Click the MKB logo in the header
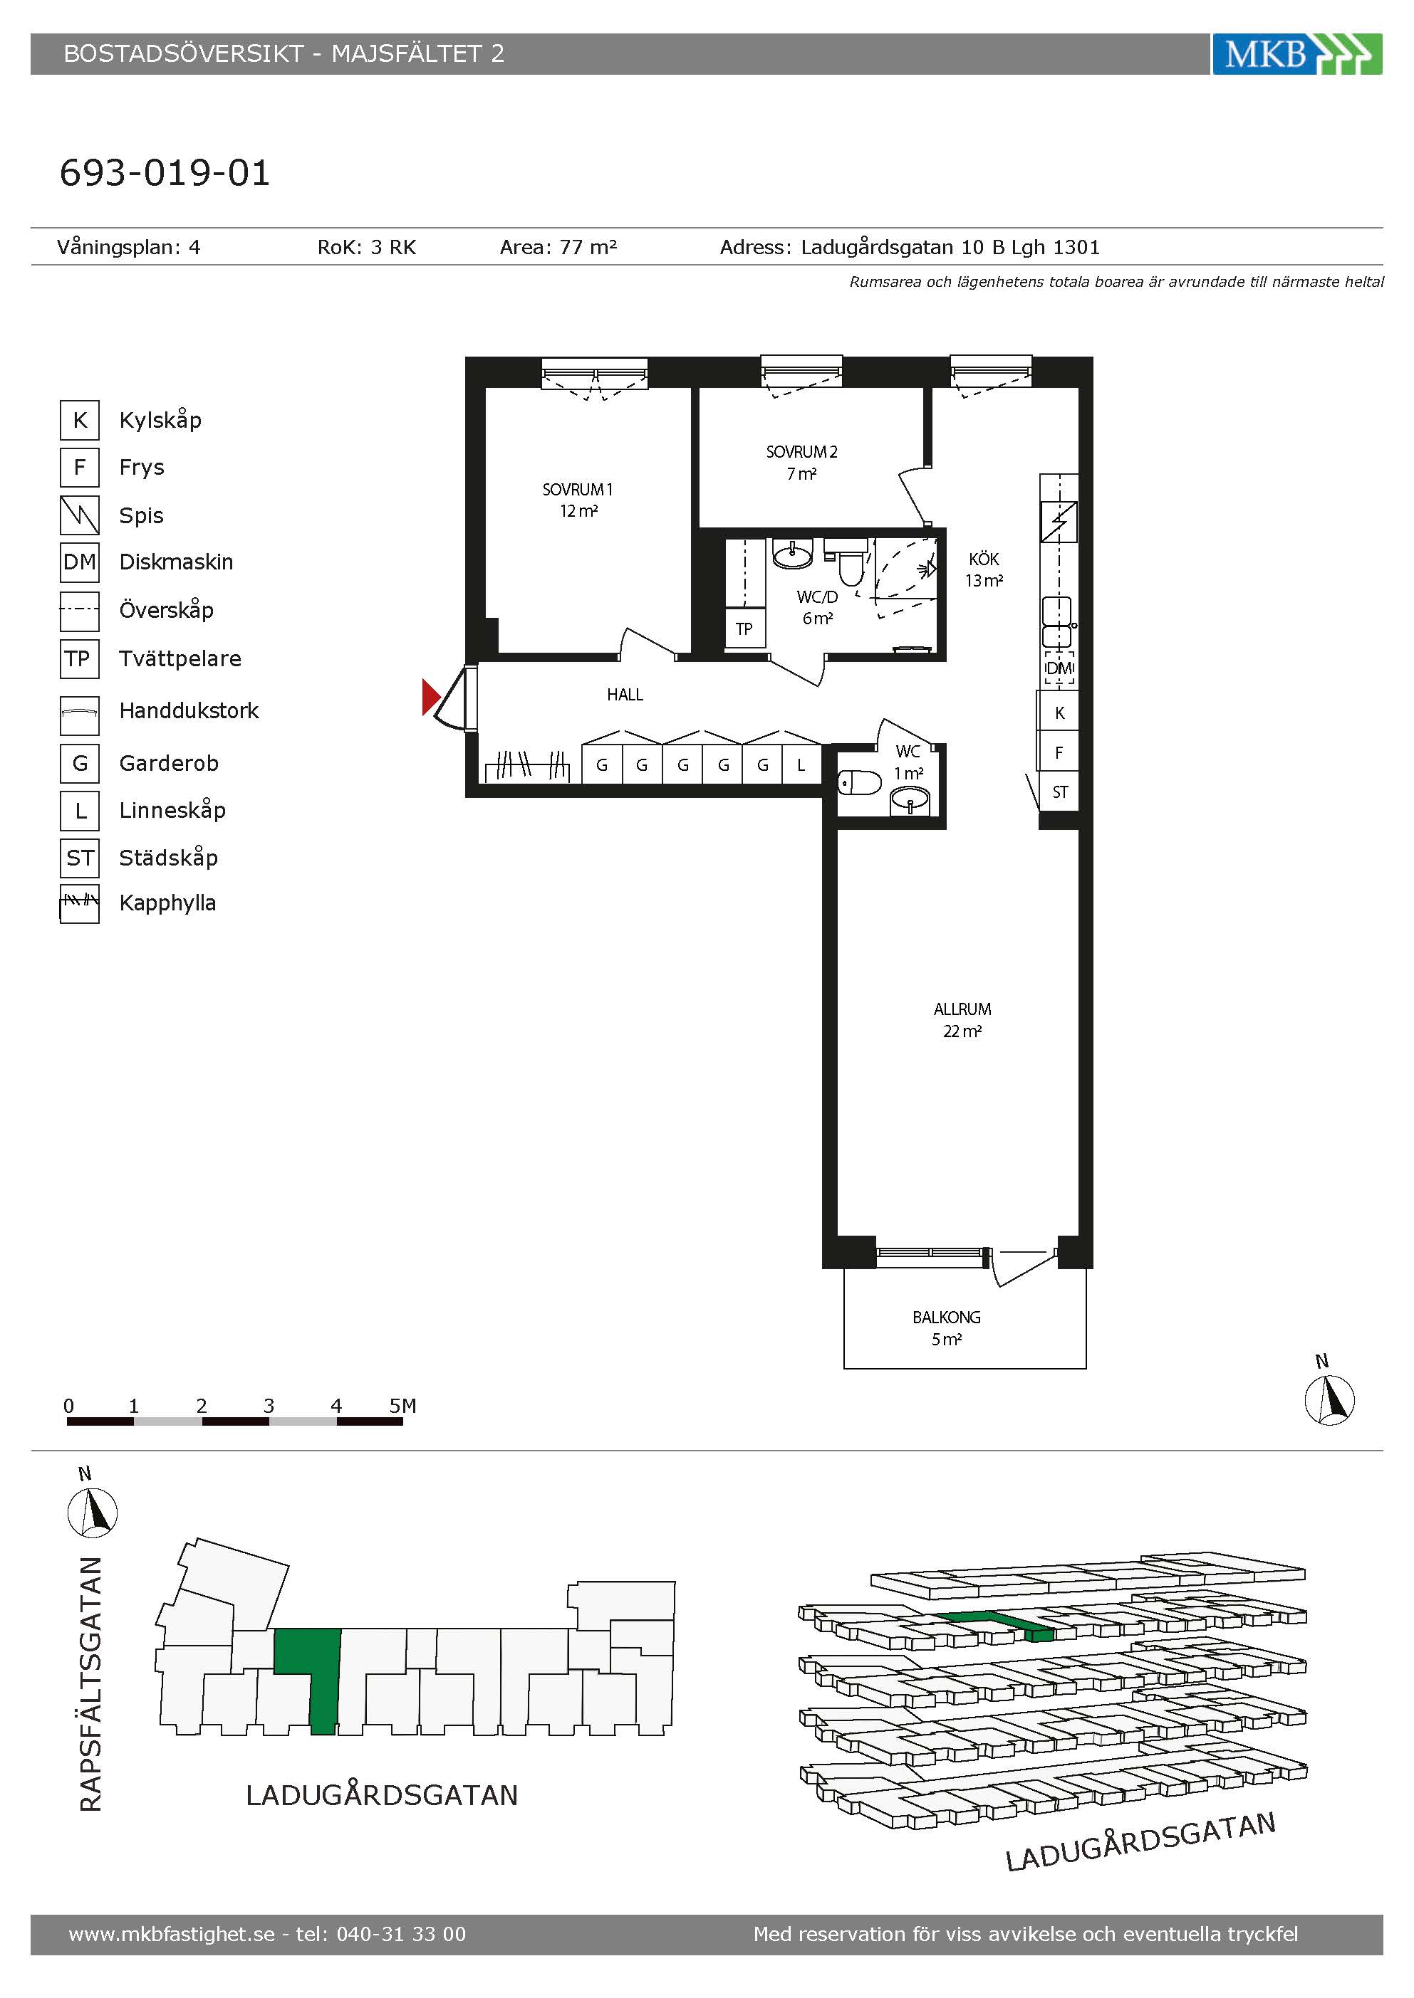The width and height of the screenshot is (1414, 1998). pyautogui.click(x=1296, y=54)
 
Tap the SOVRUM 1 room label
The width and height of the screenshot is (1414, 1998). pyautogui.click(x=577, y=500)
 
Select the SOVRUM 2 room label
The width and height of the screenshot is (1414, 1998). pyautogui.click(x=801, y=463)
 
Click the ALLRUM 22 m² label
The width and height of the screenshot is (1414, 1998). pyautogui.click(x=962, y=1020)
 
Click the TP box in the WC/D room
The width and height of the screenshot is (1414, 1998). pyautogui.click(x=744, y=629)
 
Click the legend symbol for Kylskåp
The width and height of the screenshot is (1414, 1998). pyautogui.click(x=79, y=420)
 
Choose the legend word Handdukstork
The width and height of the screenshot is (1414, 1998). pyautogui.click(x=189, y=711)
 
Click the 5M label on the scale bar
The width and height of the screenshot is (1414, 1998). pyautogui.click(x=402, y=1405)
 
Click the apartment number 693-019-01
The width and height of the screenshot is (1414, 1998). pyautogui.click(x=165, y=172)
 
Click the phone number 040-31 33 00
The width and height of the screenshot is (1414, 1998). pyautogui.click(x=401, y=1935)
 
